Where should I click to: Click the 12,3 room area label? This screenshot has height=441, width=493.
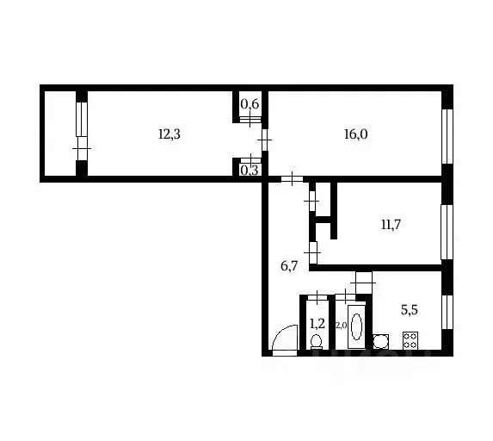pos(169,134)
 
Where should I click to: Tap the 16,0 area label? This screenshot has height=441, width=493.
pos(355,134)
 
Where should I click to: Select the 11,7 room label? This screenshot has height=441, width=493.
pos(391,225)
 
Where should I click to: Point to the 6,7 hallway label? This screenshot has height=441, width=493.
pos(289,266)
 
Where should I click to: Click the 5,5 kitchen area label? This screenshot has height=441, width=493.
pos(410,310)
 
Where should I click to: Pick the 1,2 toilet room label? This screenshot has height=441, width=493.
pos(317,323)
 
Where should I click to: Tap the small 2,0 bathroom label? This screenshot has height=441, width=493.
pos(341,326)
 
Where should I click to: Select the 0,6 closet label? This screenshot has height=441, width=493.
pos(250,103)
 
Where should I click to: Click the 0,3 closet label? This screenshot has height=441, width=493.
pos(250,171)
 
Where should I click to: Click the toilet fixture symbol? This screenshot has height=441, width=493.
pos(317,342)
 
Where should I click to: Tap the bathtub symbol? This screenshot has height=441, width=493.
pos(356,326)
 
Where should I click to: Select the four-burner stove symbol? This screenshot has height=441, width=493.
pos(410,340)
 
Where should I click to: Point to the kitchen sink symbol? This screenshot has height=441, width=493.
pos(381,342)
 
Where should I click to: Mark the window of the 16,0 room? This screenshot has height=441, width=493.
pos(447,136)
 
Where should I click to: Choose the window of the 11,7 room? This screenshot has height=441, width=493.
pos(447,233)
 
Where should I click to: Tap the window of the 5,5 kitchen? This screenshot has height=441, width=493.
pos(447,313)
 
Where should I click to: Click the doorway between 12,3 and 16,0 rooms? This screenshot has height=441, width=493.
pos(265,140)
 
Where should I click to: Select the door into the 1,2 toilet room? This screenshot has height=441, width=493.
pos(317,297)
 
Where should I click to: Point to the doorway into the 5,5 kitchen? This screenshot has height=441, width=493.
pos(363,283)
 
